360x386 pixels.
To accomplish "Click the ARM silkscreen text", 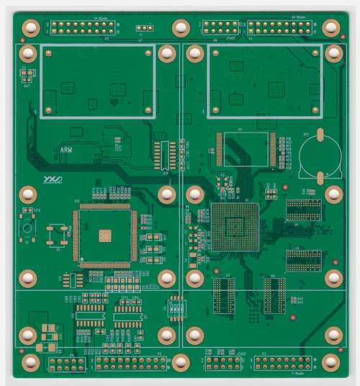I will pyautogui.click(x=66, y=150).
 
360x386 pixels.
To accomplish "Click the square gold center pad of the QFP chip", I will pyautogui.click(x=105, y=235).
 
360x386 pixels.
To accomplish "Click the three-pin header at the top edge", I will pyautogui.click(x=141, y=28).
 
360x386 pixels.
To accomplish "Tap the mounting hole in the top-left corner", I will pyautogui.click(x=31, y=27).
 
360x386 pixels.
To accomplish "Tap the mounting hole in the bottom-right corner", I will pyautogui.click(x=330, y=362).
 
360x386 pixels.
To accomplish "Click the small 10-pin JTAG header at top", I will pyautogui.click(x=219, y=27).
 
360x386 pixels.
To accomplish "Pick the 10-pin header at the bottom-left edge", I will pyautogui.click(x=68, y=364).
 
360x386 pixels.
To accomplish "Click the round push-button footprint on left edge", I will pyautogui.click(x=27, y=228).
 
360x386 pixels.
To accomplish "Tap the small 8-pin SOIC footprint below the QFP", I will pyautogui.click(x=73, y=279).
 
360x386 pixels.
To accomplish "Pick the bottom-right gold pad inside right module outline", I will pyautogui.click(x=313, y=108).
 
